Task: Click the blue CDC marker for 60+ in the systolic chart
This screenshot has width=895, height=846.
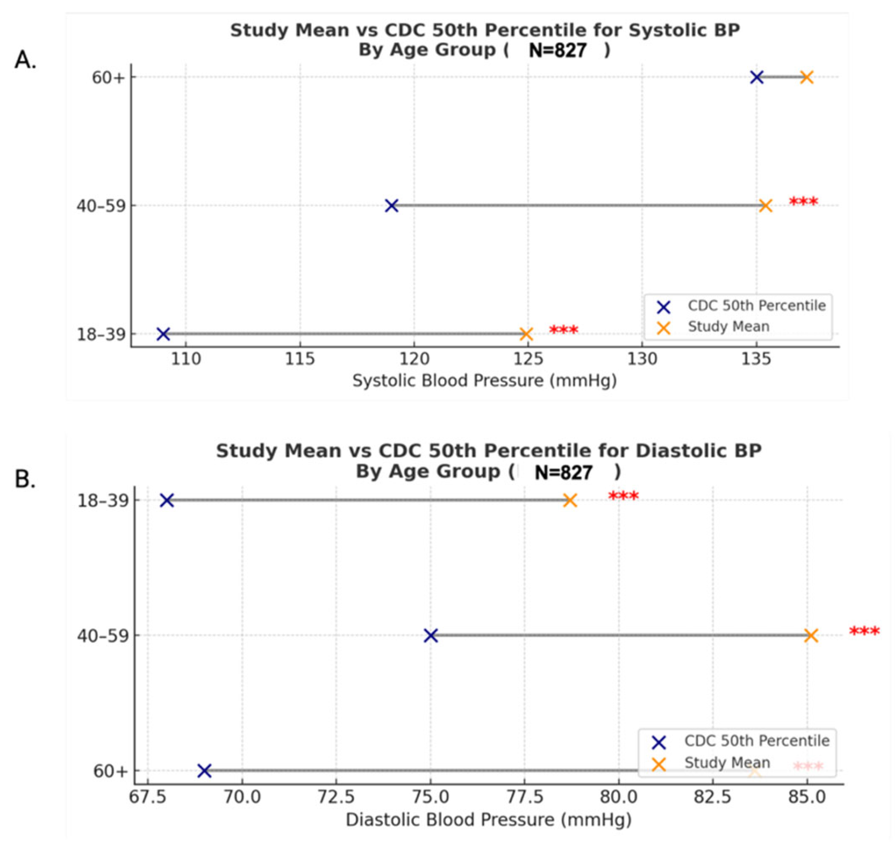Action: click(x=757, y=77)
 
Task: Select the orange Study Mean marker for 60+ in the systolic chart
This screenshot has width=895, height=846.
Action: click(x=807, y=77)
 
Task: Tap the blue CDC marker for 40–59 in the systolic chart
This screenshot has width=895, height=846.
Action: click(x=392, y=206)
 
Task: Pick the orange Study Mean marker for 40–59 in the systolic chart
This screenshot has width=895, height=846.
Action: click(x=765, y=206)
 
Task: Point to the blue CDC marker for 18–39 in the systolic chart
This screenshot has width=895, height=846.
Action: click(x=163, y=334)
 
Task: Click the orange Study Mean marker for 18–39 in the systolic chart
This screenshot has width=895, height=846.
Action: click(x=526, y=334)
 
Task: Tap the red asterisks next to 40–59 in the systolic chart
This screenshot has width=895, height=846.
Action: click(x=804, y=201)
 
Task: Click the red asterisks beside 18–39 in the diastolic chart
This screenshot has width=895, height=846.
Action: click(x=623, y=496)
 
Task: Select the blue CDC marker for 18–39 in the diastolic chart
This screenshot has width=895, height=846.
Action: click(x=167, y=500)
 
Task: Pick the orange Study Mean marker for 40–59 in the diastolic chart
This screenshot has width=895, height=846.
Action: click(x=811, y=635)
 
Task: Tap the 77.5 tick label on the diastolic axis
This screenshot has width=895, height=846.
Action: click(x=525, y=797)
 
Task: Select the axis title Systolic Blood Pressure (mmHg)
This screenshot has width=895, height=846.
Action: click(x=484, y=381)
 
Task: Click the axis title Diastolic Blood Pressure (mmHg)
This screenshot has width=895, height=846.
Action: click(x=489, y=820)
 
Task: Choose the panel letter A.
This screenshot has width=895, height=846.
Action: click(x=25, y=60)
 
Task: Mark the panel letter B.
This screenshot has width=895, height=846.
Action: click(x=25, y=479)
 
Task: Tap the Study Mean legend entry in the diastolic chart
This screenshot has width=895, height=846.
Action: click(x=711, y=763)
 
